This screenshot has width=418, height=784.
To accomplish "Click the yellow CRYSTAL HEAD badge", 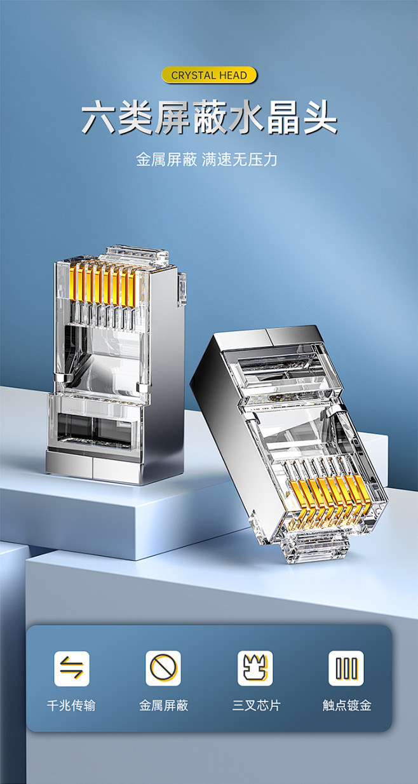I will point(209,75).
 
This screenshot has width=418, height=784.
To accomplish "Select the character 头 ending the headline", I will point(319,118).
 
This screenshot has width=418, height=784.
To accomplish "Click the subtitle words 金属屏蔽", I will point(166,159).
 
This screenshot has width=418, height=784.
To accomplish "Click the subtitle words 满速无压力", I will point(239,159).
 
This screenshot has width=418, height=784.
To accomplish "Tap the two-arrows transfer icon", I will point(72,668).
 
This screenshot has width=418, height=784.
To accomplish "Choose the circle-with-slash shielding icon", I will point(163,668).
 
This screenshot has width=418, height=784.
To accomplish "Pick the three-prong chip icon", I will point(255,668).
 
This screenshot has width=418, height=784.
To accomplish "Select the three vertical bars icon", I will point(346,668).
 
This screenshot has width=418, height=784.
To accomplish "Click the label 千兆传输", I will point(72,705).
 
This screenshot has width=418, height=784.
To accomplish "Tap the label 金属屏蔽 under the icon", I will point(163,705).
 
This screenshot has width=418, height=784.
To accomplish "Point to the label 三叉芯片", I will point(255,705).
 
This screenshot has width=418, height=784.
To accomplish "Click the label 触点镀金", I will point(347,705).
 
